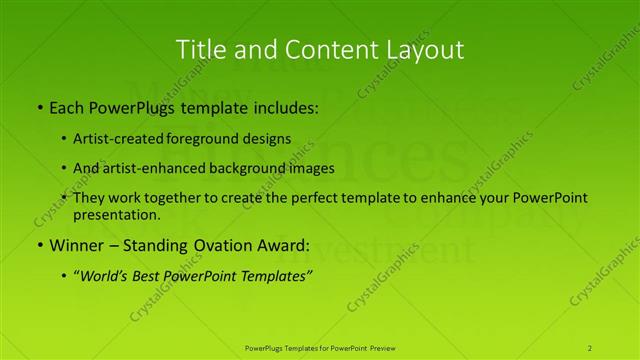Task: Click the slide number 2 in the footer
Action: [590, 347]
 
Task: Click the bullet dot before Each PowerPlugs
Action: [39, 107]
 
